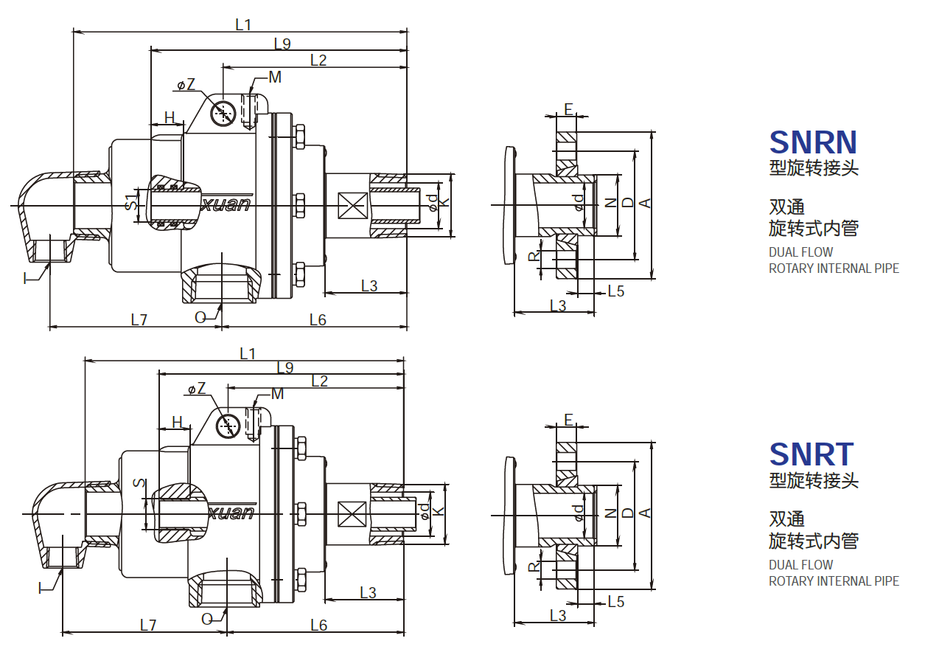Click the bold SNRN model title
[x=812, y=142]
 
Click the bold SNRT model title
[x=811, y=454]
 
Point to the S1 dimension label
[x=130, y=201]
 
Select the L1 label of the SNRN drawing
[x=243, y=24]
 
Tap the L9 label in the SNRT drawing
[x=285, y=367]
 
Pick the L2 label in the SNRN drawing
[x=318, y=60]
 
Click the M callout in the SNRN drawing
[x=275, y=77]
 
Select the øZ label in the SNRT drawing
[x=196, y=389]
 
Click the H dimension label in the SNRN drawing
[x=170, y=117]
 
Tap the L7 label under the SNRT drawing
[x=148, y=625]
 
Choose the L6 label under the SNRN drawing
[x=318, y=319]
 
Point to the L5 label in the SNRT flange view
[x=615, y=602]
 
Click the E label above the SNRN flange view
[x=568, y=109]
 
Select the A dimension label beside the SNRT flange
[x=645, y=513]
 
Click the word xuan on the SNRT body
[x=232, y=513]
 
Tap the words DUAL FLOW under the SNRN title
[x=800, y=252]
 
